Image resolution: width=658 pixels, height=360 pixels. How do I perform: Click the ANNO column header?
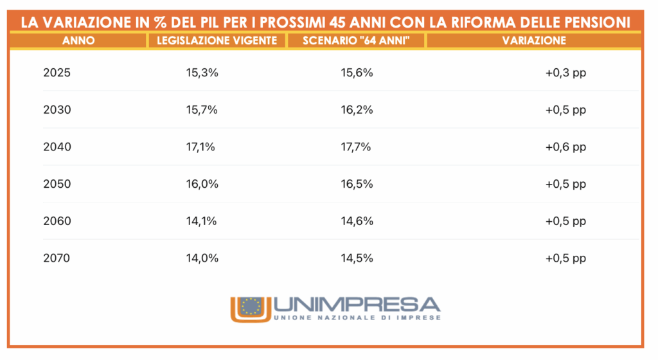(x=78, y=40)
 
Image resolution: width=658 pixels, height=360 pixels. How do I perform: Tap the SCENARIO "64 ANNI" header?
(x=355, y=40)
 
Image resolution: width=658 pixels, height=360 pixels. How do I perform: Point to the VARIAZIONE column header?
(x=533, y=40)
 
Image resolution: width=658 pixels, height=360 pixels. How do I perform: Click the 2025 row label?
(x=57, y=73)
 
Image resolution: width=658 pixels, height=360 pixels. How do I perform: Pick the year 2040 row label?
(x=57, y=147)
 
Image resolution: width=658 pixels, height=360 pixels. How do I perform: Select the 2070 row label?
(x=57, y=258)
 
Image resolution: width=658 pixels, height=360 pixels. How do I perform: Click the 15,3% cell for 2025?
(x=202, y=73)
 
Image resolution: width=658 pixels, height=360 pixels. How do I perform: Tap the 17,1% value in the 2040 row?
(x=200, y=147)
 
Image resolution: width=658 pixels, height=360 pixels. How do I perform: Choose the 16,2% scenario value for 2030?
(x=357, y=110)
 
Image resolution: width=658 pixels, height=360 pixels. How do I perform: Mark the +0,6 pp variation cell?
(x=565, y=147)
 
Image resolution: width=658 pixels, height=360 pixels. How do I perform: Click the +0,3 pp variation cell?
(x=565, y=73)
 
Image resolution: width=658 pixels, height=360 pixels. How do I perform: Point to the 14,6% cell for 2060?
(x=357, y=221)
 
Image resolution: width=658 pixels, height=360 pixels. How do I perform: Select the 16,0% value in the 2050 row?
(x=202, y=184)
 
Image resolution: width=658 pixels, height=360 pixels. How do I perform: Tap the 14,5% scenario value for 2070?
(x=357, y=258)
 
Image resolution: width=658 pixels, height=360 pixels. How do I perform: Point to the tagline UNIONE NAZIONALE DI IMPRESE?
(x=357, y=318)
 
